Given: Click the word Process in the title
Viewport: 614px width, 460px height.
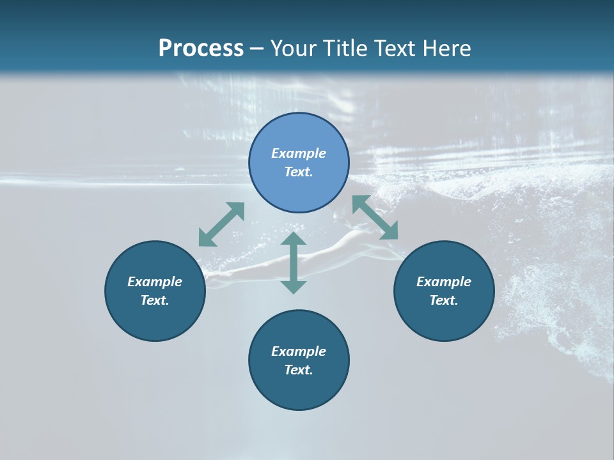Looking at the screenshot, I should pos(201,49).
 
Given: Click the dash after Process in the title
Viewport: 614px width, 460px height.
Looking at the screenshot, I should pos(256,49).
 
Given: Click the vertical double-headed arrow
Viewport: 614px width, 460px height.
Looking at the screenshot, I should pos(294,263).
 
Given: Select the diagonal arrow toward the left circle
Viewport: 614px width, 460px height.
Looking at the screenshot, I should pos(221,224).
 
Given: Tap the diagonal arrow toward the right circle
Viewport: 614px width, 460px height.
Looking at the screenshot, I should pos(375,217).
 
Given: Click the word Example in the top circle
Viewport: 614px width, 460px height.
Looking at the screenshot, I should pos(299,153).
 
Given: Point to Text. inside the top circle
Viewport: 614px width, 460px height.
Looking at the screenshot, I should pos(299,172).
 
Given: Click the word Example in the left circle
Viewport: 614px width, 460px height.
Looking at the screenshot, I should pos(155,282).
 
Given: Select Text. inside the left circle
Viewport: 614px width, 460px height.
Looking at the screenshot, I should pos(155,300).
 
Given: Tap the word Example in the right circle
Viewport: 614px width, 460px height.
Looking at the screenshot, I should pos(444,282).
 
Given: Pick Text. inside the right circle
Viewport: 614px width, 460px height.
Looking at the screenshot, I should pos(444,300).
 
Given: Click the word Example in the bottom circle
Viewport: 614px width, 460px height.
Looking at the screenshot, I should pos(299,351).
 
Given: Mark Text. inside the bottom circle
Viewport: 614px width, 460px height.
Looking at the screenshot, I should pos(299,370).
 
